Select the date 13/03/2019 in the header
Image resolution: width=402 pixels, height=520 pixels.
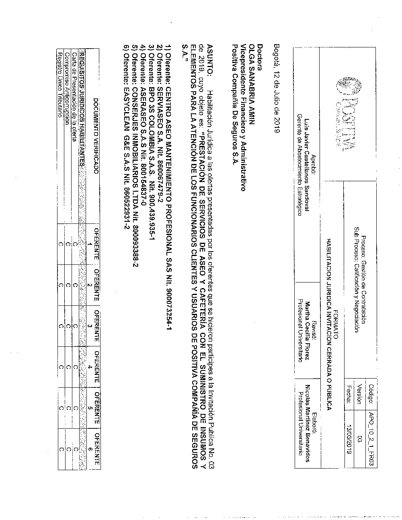coord(349,438)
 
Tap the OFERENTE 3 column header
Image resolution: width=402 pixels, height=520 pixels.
coord(96,326)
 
